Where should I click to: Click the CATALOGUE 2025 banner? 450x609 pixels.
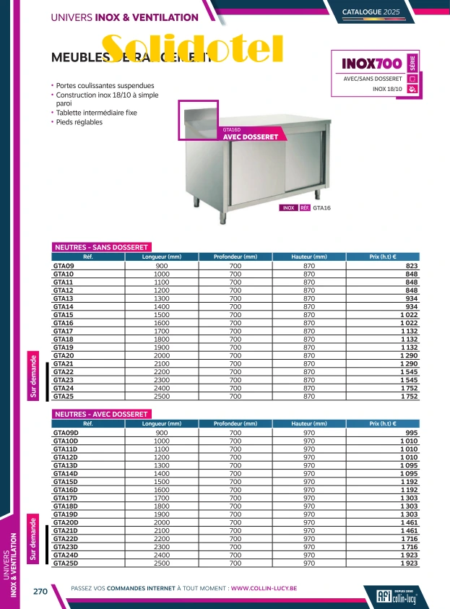391,12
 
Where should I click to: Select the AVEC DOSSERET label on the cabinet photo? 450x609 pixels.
250,137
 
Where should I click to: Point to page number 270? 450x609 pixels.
40,591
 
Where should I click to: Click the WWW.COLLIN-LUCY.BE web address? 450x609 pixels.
264,588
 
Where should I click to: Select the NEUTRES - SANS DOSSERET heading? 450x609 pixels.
102,247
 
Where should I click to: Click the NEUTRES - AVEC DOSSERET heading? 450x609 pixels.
102,415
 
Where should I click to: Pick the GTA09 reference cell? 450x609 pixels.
64,267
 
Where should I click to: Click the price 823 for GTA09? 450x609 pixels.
412,267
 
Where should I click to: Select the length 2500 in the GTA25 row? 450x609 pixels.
162,397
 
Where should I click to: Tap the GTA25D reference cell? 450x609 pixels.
66,563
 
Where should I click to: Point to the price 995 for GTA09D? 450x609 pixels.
412,433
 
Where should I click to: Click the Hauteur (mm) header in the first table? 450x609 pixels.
308,257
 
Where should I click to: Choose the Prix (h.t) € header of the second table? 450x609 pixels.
383,424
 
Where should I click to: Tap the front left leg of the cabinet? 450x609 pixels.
223,212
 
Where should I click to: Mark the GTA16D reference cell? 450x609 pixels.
66,490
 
